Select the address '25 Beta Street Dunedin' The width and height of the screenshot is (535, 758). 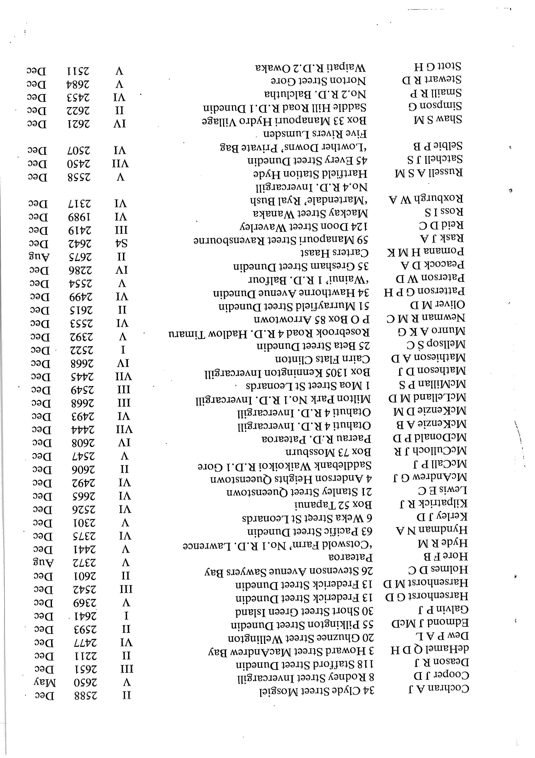tap(313, 346)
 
